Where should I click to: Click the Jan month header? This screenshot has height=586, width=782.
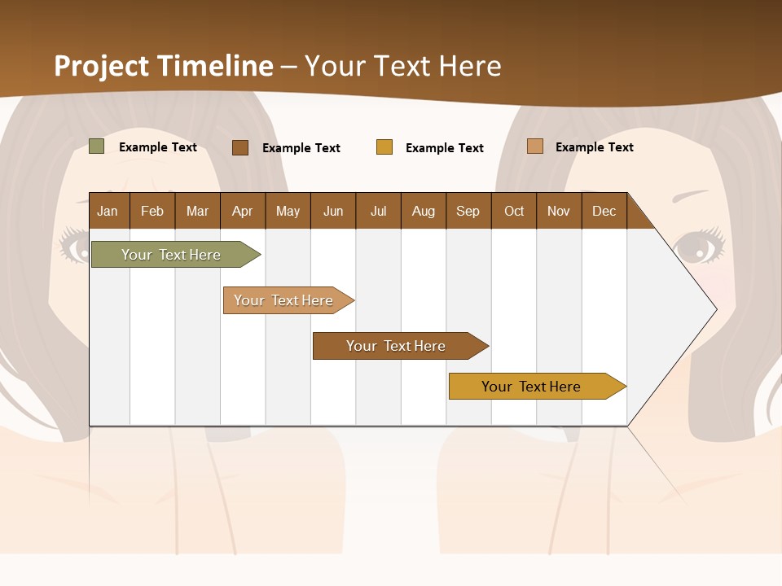108,211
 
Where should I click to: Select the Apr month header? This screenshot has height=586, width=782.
243,211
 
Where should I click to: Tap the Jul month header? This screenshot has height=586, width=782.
378,211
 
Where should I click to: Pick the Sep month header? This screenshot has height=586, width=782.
468,211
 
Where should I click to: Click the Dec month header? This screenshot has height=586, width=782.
604,211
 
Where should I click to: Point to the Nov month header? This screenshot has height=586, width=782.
559,211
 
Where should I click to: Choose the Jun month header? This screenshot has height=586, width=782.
333,211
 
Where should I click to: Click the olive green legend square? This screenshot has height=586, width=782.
97,146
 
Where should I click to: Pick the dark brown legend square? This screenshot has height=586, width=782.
240,147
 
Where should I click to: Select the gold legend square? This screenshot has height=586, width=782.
384,147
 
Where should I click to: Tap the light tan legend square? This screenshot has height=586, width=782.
535,146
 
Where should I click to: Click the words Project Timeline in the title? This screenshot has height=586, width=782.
163,66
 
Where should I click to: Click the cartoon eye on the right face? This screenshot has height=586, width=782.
697,245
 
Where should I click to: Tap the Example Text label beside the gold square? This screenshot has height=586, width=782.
445,147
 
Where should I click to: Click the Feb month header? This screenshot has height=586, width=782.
152,211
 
